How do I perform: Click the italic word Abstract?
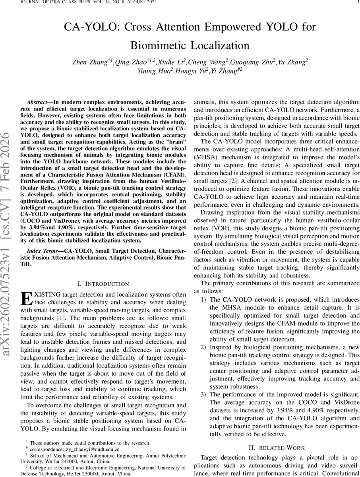pyautogui.click(x=38, y=102)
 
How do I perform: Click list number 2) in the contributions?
pyautogui.click(x=203, y=347)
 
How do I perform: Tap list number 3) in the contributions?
pyautogui.click(x=203, y=394)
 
